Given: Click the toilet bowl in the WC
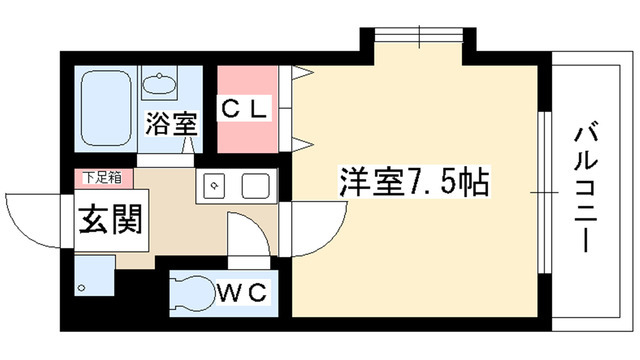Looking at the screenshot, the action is click(195, 292).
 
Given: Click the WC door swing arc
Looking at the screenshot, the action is click(250, 240).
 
